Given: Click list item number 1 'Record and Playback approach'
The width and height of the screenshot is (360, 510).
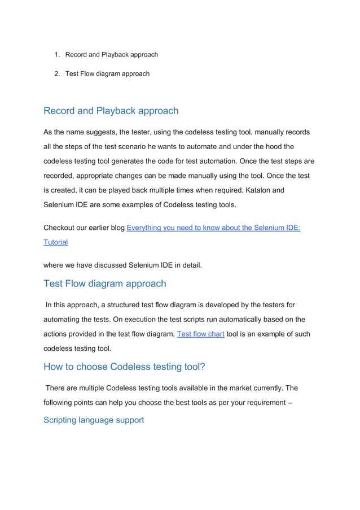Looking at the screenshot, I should tap(111, 55).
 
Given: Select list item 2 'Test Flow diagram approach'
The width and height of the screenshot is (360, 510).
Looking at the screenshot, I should tap(107, 73).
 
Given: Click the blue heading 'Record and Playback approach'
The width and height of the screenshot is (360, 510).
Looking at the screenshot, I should tap(111, 111).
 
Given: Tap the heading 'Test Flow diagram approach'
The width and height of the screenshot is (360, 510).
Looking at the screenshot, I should tap(104, 284).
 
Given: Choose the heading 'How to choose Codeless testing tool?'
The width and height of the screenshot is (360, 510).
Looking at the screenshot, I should tap(124, 367).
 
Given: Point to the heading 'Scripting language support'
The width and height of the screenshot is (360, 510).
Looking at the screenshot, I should tap(94, 420).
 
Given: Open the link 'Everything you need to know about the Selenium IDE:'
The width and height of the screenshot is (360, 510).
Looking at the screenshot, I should tap(213, 228).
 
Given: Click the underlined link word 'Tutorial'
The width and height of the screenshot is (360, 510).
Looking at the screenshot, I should tap(55, 242).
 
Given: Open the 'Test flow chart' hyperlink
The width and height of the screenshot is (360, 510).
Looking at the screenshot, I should tap(200, 334).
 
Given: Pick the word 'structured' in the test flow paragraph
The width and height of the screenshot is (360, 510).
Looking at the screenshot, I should tap(126, 306).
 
